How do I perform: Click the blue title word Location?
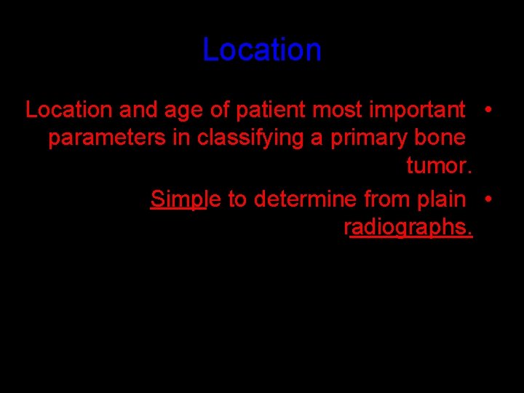coord(262,50)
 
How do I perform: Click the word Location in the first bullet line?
coord(69,110)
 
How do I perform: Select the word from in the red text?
coord(387,198)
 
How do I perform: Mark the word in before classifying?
coord(180,138)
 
